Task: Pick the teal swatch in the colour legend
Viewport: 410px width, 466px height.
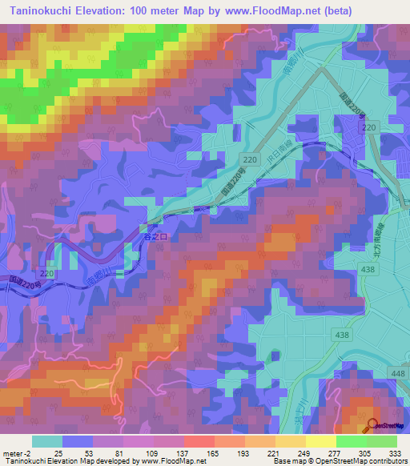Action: tap(47, 441)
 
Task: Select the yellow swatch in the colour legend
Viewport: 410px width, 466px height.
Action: tap(320, 441)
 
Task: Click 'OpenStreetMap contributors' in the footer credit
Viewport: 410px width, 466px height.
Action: tap(361, 460)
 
